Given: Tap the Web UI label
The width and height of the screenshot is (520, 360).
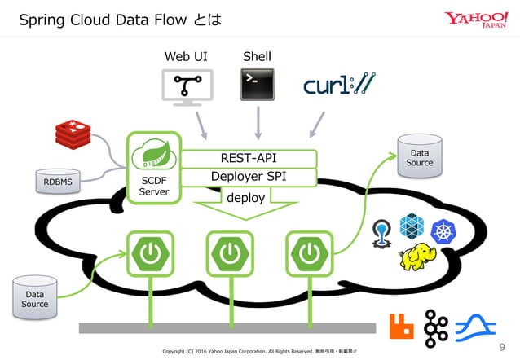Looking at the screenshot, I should pos(185,56).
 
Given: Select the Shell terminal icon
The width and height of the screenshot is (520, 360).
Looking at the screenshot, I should pos(257,85).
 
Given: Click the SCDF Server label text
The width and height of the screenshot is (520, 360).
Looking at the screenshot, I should pos(153,187).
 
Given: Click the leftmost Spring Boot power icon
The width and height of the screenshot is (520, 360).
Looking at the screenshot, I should pos(151,254).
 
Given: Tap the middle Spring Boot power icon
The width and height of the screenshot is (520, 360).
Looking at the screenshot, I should pos(230,254).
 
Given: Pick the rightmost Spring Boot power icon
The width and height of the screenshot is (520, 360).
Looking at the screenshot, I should pos(309,254).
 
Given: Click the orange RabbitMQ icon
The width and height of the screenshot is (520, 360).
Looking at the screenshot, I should pos(402,327).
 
